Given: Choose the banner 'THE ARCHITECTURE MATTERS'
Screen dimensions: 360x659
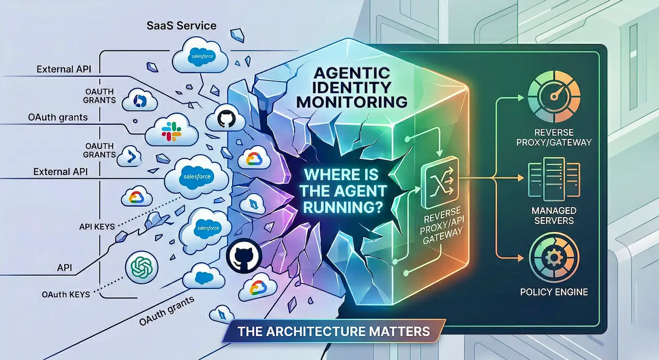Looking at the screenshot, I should click(331, 330).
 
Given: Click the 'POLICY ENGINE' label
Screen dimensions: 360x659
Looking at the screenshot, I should click(553, 292).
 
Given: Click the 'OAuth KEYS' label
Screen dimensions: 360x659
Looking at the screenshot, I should click(66, 294).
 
